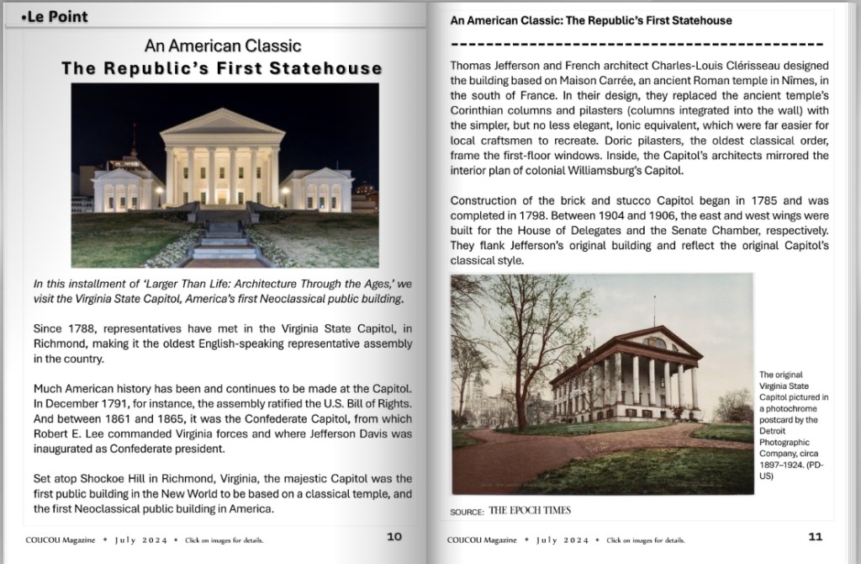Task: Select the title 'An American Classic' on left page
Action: tap(222, 45)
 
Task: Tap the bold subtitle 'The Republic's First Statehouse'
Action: tap(222, 68)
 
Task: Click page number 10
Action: tap(394, 535)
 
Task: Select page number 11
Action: tap(815, 536)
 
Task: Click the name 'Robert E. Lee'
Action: tap(72, 434)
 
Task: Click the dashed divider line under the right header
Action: tap(637, 43)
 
